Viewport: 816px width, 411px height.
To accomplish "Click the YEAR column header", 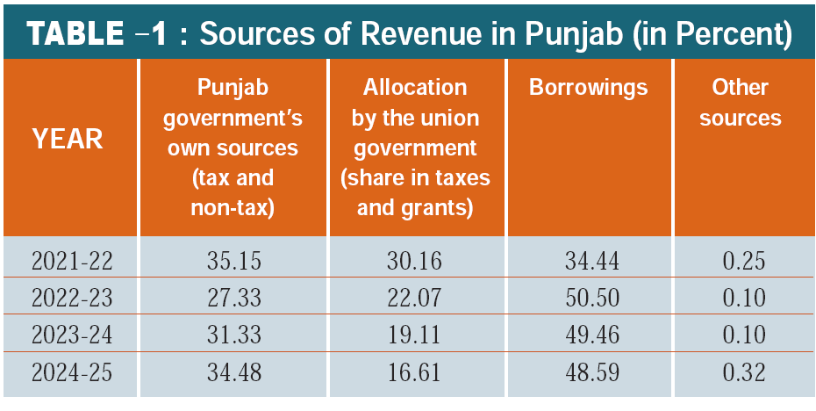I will [68, 138].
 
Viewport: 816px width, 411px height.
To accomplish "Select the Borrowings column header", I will [589, 88].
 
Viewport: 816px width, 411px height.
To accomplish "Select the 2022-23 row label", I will [73, 298].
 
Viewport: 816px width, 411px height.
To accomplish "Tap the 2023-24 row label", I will [73, 335].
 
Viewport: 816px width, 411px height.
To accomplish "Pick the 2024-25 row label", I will [73, 373].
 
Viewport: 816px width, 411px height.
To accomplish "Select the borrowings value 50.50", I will [588, 298].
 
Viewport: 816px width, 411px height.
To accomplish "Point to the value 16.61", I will [414, 373].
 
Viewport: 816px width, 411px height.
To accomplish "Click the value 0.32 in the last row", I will [743, 373].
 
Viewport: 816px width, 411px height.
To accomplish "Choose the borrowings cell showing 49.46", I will [588, 335].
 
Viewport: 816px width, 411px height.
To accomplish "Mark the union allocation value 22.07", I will [414, 298].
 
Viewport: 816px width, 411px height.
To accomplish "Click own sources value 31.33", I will [233, 335].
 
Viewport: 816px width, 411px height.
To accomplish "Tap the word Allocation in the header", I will [414, 88].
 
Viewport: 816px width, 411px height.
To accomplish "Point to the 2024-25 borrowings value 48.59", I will [588, 373].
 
